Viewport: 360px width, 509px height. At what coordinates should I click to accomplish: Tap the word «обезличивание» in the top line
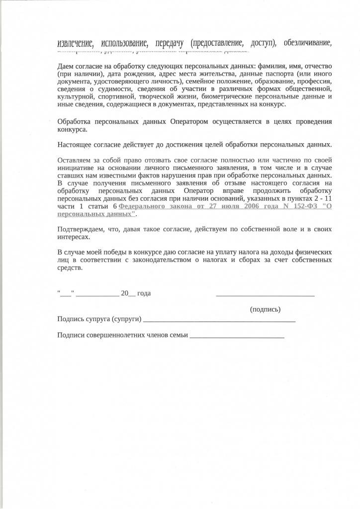[x=307, y=43]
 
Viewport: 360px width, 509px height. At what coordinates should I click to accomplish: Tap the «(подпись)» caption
[x=265, y=309]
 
